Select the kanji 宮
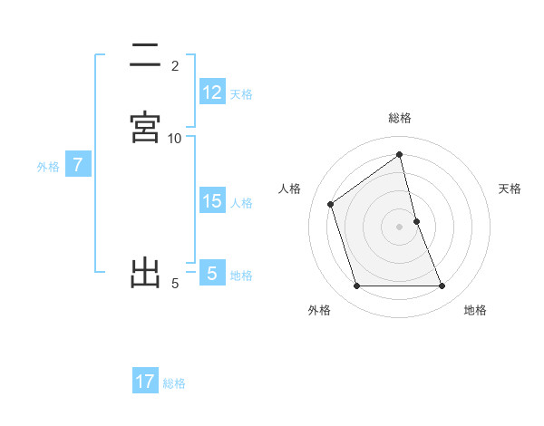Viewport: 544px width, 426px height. tap(145, 127)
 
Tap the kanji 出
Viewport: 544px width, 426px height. tap(145, 272)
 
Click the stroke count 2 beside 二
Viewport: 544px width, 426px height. tap(175, 66)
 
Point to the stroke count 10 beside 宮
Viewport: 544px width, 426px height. tap(175, 138)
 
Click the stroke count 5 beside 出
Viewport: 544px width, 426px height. tap(175, 284)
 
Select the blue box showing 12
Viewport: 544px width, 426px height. tap(212, 92)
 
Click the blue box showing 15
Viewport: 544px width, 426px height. tap(212, 201)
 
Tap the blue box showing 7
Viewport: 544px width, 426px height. tap(78, 165)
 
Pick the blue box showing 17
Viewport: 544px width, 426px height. tap(145, 382)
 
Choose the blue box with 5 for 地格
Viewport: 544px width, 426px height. tap(212, 273)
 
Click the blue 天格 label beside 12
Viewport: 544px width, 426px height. tap(241, 94)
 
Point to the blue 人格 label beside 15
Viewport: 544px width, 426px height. tap(241, 203)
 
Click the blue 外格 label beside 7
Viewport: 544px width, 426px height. tap(48, 167)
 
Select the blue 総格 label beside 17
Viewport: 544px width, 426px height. tap(174, 383)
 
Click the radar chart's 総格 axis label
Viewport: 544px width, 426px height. tap(400, 118)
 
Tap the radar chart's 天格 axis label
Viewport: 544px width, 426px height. tap(510, 189)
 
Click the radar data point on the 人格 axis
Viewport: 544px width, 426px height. tap(331, 204)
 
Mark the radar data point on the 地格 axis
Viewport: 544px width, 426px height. tap(442, 286)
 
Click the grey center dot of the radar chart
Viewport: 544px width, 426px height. tap(400, 227)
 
